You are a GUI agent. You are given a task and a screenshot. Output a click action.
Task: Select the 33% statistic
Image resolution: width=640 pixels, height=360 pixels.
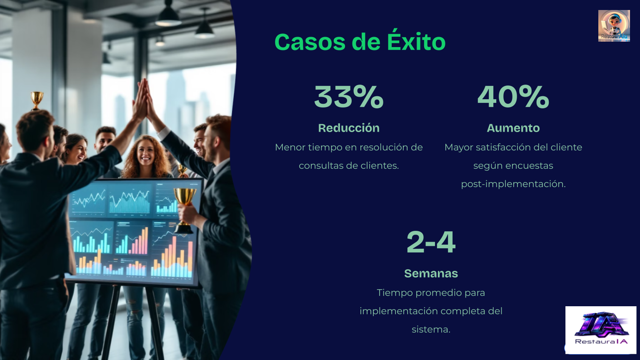point(349,97)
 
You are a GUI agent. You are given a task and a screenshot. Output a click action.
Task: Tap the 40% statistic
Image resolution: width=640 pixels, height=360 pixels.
point(513,97)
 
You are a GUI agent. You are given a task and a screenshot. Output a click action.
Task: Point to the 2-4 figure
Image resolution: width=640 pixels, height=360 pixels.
point(431,242)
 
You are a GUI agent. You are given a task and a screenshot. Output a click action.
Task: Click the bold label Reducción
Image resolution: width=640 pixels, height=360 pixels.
point(349,128)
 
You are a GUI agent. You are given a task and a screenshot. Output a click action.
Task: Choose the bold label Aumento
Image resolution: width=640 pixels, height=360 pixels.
point(513,128)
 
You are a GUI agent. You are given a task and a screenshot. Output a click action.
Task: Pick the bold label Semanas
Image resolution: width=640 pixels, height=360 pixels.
point(431,273)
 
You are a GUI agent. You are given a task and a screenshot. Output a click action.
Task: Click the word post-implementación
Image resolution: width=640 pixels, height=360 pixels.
point(513,184)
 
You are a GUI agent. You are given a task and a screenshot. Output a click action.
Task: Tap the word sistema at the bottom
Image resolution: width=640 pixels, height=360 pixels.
point(431,330)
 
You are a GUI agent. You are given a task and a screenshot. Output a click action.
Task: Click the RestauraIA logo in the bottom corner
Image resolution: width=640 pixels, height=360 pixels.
point(601,330)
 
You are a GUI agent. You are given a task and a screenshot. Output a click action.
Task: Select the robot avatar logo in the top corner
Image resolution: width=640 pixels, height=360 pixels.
point(614,26)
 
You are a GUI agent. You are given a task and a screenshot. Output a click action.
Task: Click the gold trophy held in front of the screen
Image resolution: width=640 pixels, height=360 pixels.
point(185,210)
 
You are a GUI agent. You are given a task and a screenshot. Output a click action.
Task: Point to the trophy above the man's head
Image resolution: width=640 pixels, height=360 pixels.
point(37,100)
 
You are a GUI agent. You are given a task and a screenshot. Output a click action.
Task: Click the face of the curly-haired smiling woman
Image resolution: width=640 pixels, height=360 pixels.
point(145,155)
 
